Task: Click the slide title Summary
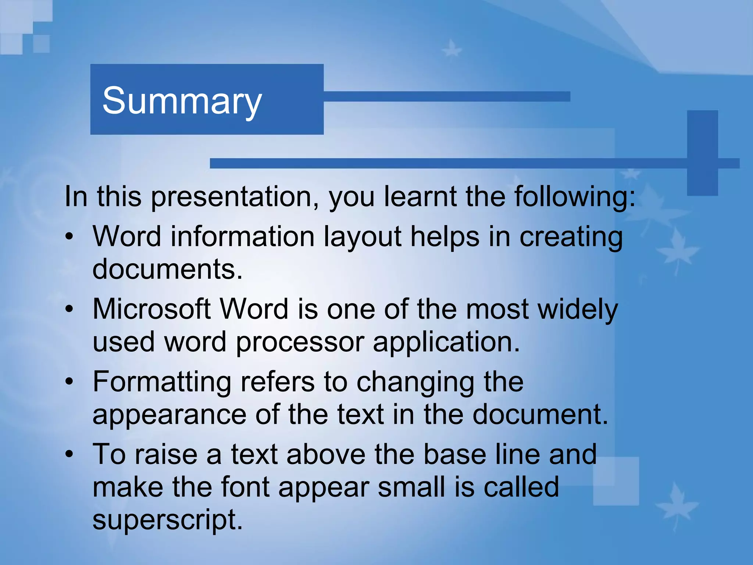tap(182, 101)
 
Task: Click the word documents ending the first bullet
tap(167, 269)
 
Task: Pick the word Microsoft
tap(151, 309)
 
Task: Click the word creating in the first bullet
tap(571, 237)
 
